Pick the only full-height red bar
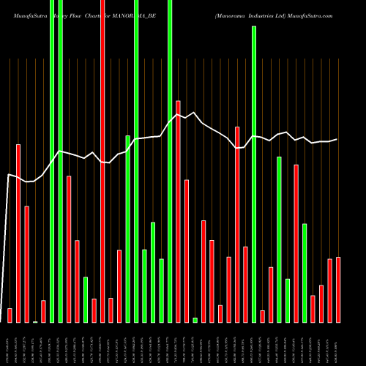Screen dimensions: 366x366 tap(102, 161)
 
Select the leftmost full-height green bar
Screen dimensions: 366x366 tap(52, 161)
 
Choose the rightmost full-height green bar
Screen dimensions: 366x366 tap(170, 161)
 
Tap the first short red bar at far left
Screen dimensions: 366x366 tap(10, 315)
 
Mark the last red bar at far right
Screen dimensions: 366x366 tap(338, 289)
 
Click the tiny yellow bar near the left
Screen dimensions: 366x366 tap(35, 321)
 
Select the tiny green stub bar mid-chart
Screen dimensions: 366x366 tap(195, 320)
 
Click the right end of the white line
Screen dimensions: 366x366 tap(337, 139)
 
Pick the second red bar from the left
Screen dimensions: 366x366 tap(18, 233)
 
